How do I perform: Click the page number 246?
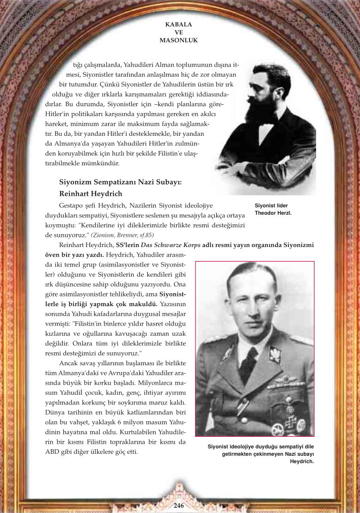click(x=179, y=506)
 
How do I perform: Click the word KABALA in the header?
click(x=178, y=24)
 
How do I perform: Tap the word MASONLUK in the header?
click(x=178, y=40)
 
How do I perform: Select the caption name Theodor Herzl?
click(x=273, y=213)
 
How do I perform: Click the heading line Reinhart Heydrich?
click(x=91, y=193)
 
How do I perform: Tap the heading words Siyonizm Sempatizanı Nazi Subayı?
click(x=121, y=182)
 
